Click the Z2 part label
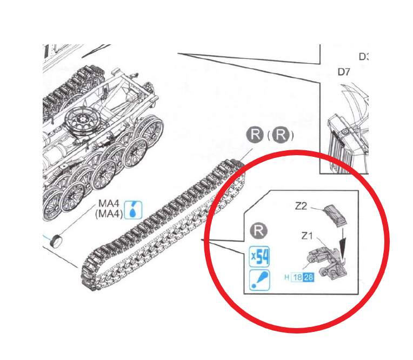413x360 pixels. [x=301, y=206]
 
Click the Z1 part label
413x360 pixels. [x=307, y=236]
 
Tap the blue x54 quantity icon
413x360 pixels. [x=259, y=257]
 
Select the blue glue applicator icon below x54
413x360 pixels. [x=259, y=280]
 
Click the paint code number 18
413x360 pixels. [x=297, y=277]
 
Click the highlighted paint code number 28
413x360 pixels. [x=309, y=277]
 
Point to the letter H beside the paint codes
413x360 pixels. [x=287, y=277]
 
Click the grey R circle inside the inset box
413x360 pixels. [x=258, y=231]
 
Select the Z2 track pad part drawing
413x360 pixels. [x=335, y=215]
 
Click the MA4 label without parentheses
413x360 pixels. [x=109, y=203]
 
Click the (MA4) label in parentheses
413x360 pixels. [x=109, y=214]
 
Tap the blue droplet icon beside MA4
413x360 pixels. [x=134, y=210]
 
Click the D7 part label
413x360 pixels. [x=344, y=72]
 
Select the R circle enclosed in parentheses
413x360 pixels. [x=281, y=135]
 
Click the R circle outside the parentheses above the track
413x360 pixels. [x=255, y=134]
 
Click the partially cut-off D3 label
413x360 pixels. [x=364, y=57]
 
